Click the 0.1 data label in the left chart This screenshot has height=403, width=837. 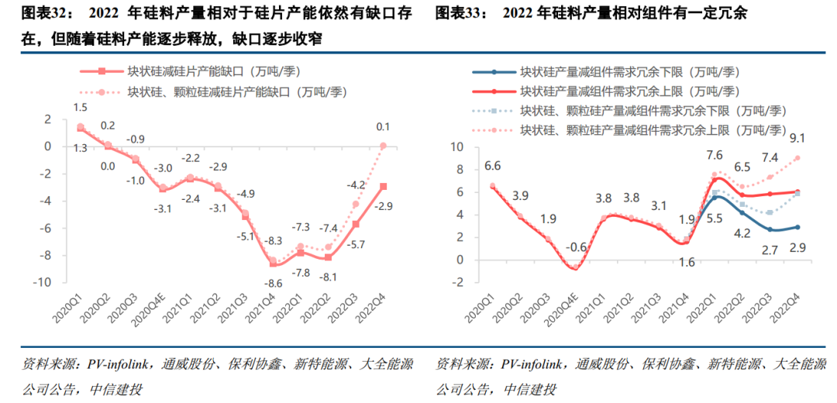tap(383, 126)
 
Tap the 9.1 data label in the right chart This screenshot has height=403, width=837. tap(797, 139)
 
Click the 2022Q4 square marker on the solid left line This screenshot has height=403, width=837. tap(384, 186)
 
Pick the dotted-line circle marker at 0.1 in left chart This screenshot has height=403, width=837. tap(384, 146)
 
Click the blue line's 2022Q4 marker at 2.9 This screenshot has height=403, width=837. tap(797, 227)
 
